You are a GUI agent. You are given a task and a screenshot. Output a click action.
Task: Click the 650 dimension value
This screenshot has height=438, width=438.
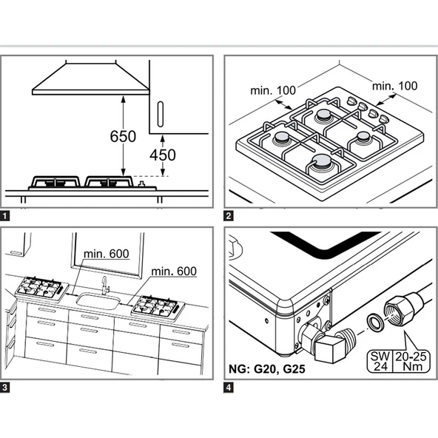pyautogui.click(x=123, y=136)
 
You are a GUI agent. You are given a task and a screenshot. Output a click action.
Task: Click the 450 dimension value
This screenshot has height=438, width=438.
pyautogui.click(x=163, y=155)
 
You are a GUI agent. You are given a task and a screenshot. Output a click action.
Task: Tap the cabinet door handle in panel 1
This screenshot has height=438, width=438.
pyautogui.click(x=160, y=114)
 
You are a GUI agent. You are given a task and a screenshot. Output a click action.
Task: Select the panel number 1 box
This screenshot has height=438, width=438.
pyautogui.click(x=4, y=216)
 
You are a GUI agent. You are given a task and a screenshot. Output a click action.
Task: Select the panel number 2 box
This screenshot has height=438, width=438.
pyautogui.click(x=229, y=216)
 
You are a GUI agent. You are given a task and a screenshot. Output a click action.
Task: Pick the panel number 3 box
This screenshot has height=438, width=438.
pyautogui.click(x=4, y=388)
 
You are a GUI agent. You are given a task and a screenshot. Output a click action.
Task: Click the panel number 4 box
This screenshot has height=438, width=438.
pyautogui.click(x=229, y=388)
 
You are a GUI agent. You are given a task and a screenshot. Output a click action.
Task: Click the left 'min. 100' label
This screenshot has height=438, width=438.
pyautogui.click(x=273, y=90)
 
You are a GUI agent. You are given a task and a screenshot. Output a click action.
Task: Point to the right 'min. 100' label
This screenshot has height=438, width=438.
pyautogui.click(x=394, y=86)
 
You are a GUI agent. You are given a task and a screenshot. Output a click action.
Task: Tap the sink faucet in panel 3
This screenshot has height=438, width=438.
pyautogui.click(x=105, y=285)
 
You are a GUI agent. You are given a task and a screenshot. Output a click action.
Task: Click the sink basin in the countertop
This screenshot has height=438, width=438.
pyautogui.click(x=98, y=301)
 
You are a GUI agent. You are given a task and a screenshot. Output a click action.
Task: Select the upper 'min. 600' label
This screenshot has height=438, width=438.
pyautogui.click(x=107, y=254)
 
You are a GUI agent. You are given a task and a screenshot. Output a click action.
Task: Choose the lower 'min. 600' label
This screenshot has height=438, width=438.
pyautogui.click(x=174, y=271)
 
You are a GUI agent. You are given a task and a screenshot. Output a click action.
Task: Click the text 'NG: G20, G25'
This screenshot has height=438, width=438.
pyautogui.click(x=267, y=369)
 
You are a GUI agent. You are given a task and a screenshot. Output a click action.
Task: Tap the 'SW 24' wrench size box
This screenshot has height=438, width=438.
pyautogui.click(x=380, y=361)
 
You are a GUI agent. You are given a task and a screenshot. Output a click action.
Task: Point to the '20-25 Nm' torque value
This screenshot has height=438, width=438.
pyautogui.click(x=411, y=361)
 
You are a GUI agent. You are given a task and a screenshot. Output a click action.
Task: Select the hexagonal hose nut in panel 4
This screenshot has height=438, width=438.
pyautogui.click(x=400, y=311)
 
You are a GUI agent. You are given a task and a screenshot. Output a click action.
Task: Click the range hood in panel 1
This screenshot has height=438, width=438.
pyautogui.click(x=90, y=79)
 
